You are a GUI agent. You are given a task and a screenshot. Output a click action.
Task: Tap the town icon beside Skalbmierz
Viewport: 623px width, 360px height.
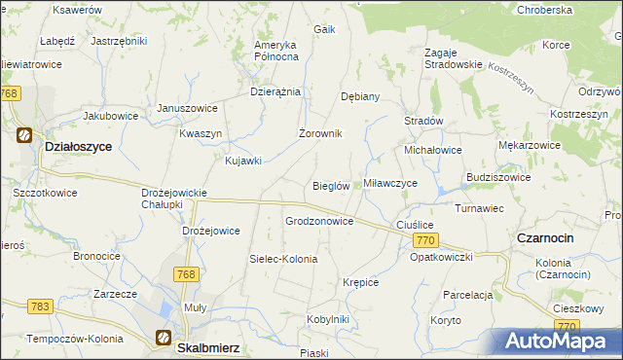164,338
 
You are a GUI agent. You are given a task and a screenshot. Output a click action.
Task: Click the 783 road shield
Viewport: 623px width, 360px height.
40,306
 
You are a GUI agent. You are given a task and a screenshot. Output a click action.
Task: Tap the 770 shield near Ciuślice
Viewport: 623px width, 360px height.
423,239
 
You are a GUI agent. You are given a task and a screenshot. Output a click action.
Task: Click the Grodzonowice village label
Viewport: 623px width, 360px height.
318,221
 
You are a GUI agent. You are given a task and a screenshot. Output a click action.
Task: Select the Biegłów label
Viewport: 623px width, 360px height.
331,186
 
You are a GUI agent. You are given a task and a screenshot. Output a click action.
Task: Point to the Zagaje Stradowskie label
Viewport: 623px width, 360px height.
453,57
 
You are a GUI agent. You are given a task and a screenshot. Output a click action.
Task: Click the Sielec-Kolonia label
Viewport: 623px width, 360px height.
283,259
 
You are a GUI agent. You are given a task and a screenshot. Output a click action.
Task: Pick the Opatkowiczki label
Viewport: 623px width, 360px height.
441,256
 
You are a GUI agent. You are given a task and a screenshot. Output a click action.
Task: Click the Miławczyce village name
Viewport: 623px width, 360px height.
390,183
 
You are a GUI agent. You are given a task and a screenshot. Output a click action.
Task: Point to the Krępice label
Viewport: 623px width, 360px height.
360,282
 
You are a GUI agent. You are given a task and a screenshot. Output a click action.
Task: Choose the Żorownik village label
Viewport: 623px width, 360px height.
319,133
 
